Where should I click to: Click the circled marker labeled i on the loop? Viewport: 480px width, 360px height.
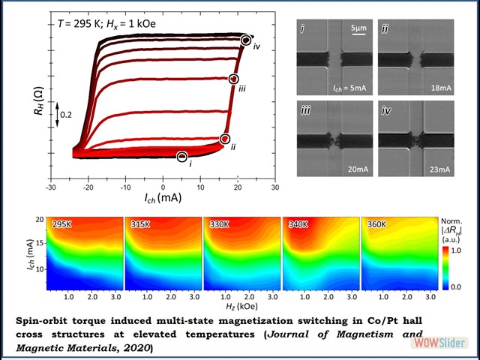[x=182, y=156]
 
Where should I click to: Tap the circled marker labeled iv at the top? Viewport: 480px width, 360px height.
[x=246, y=39]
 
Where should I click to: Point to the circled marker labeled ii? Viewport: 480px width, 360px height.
[x=224, y=139]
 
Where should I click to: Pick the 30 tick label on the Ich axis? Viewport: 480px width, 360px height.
[x=275, y=186]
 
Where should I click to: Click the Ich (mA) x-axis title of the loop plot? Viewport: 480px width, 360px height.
[x=161, y=200]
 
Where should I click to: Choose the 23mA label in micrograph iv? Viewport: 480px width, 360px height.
[x=440, y=169]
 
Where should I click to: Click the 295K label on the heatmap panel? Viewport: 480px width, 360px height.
[x=61, y=224]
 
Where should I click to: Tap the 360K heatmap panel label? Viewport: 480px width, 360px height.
[x=376, y=224]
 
